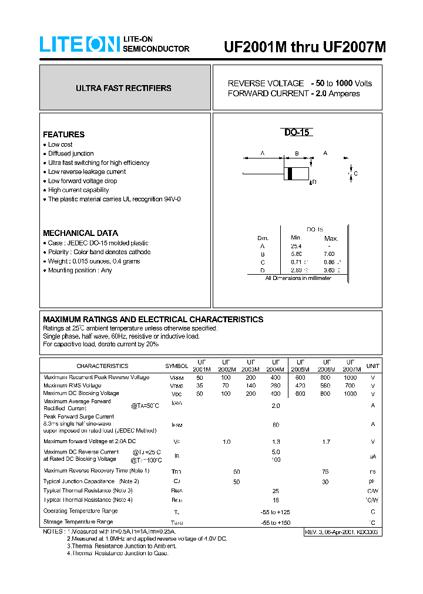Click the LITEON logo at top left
pos(80,45)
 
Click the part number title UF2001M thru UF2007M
pos(305,48)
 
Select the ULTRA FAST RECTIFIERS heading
pos(123,88)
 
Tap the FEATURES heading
pos(63,134)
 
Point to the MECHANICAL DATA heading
pos(80,233)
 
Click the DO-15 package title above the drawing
pos(297,133)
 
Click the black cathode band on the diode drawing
pos(290,174)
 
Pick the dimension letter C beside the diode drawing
pos(355,174)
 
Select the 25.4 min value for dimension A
pos(296,247)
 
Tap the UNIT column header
pos(372,366)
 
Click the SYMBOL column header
pos(176,366)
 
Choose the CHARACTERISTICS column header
pos(102,366)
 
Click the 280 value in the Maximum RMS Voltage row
pos(276,386)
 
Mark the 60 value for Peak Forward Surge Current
pos(276,424)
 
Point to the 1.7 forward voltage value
pos(325,441)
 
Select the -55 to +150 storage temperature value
pos(276,522)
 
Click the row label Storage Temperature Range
pos(78,521)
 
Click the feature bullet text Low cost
pos(60,144)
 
